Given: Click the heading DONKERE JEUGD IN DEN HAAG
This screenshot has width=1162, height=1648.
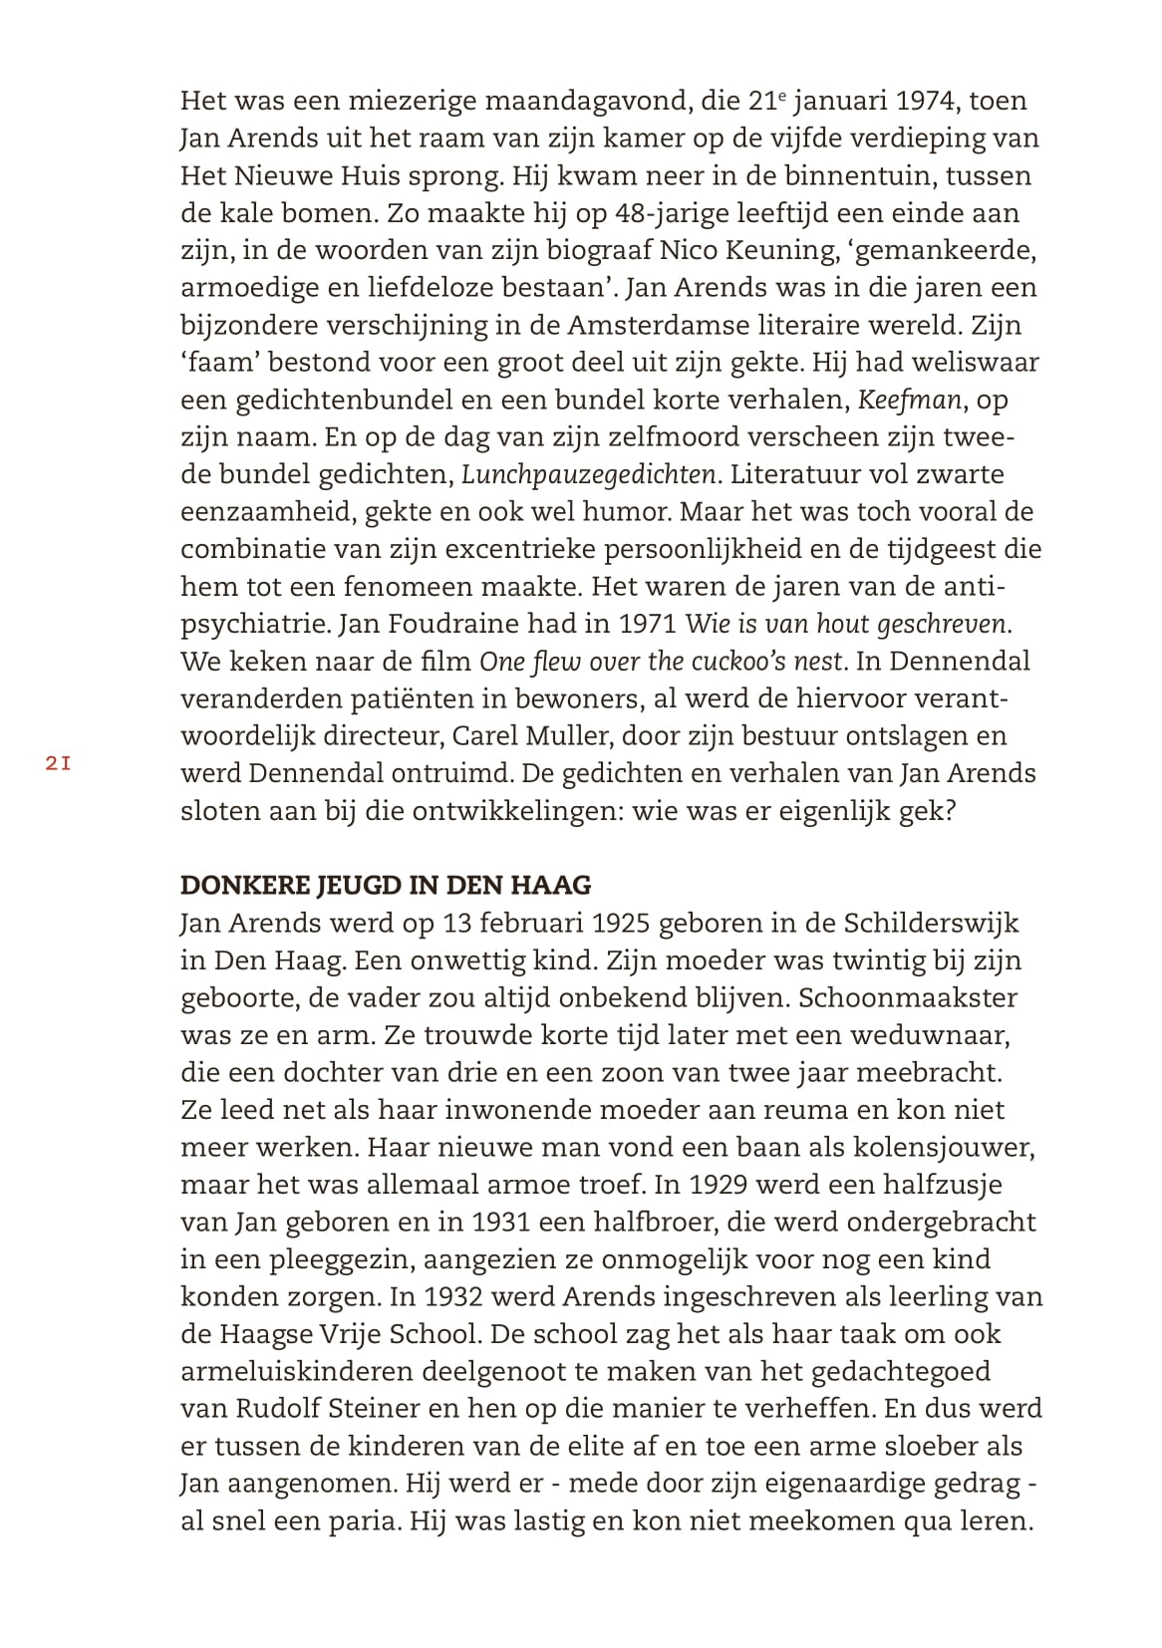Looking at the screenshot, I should click(x=386, y=885).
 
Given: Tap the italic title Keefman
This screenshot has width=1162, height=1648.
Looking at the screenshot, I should click(x=910, y=400).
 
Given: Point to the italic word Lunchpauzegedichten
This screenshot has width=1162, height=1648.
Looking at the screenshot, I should click(x=589, y=474).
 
